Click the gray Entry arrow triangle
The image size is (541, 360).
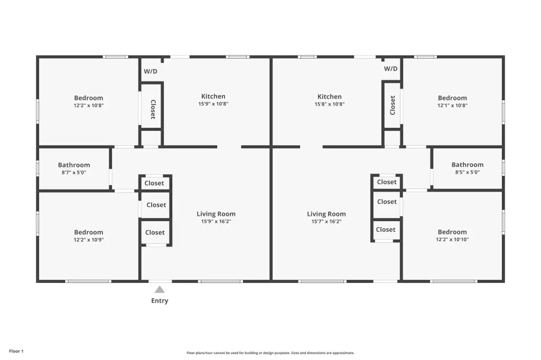160,289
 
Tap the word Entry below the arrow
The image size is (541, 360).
160,301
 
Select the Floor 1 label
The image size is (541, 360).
16,351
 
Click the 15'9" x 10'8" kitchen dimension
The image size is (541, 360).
213,104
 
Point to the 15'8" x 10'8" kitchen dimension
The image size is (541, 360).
330,104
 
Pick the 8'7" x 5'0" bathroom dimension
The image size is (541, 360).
74,173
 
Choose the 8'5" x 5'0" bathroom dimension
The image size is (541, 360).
468,172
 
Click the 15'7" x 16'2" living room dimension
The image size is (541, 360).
327,221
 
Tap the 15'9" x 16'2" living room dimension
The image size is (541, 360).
216,221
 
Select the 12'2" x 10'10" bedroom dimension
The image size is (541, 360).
452,239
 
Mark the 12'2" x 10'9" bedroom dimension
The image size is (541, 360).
89,240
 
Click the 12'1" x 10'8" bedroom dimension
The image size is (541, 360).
452,106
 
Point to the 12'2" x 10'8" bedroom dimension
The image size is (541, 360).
89,106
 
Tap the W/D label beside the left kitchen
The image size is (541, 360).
151,71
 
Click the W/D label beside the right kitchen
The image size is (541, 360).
390,69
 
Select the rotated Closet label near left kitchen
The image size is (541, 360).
153,109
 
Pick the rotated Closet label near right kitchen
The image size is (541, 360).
393,105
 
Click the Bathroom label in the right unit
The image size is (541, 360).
468,165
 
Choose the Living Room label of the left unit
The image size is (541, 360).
216,214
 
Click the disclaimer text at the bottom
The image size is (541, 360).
270,353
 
